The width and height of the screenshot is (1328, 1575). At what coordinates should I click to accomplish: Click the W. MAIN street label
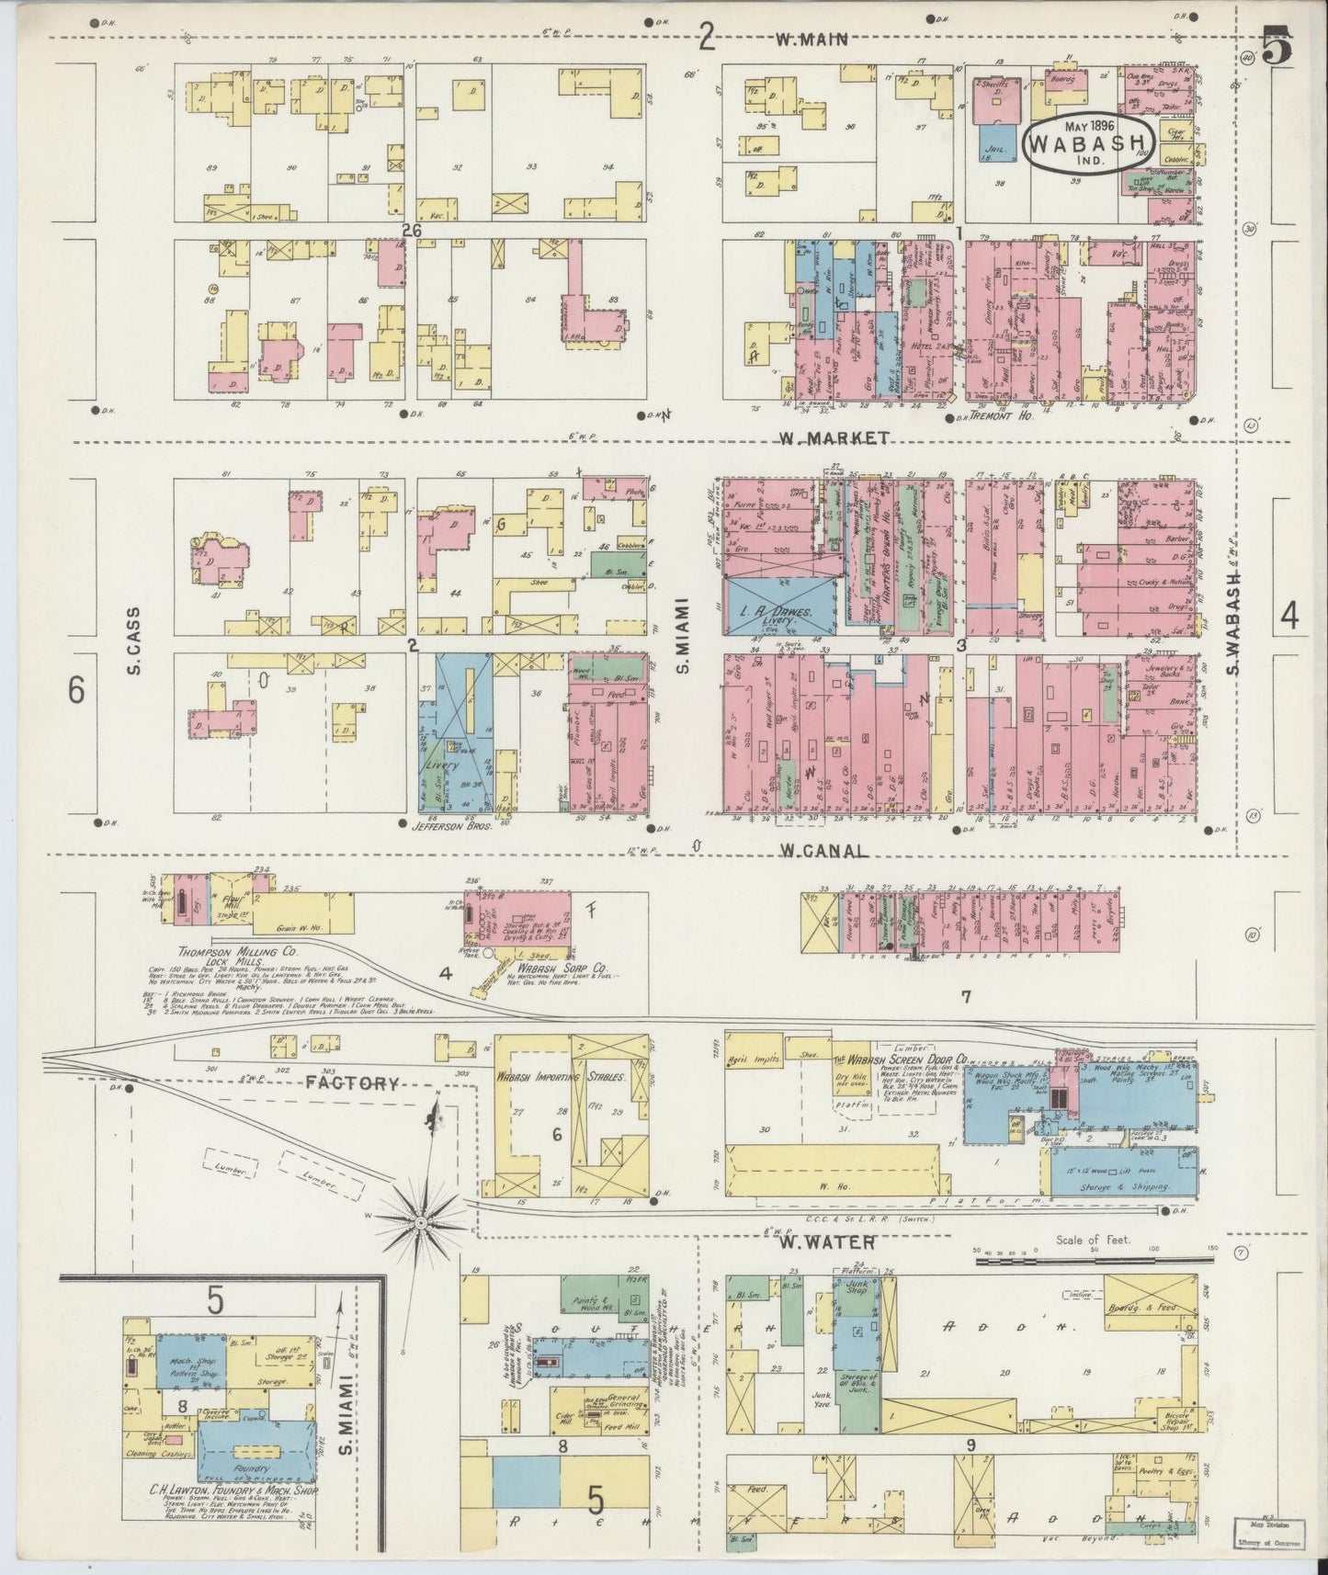point(811,40)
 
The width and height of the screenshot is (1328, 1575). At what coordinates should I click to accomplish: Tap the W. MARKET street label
point(834,438)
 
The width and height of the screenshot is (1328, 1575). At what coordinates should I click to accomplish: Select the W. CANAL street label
point(823,851)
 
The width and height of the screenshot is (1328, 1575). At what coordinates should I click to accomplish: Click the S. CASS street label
point(134,641)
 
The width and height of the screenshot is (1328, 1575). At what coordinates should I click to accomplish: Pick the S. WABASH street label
point(1234,621)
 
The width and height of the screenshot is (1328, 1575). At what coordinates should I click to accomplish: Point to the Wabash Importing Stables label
point(562,1076)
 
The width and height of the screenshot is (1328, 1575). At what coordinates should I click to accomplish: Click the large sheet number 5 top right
point(1277,46)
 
